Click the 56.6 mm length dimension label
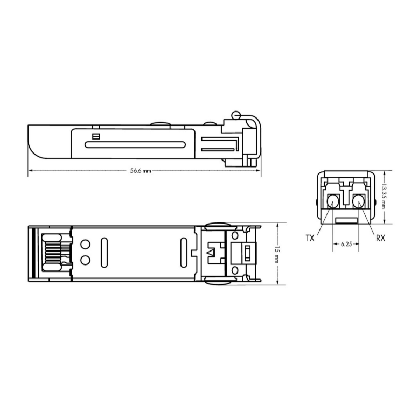pos(141,171)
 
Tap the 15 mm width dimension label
pos(277,254)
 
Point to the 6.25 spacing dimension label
pos(346,243)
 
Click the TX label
pos(310,238)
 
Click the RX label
pos(380,238)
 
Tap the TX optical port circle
pos(333,201)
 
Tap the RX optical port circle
pos(359,201)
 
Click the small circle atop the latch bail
pos(236,115)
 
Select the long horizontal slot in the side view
pos(135,144)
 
